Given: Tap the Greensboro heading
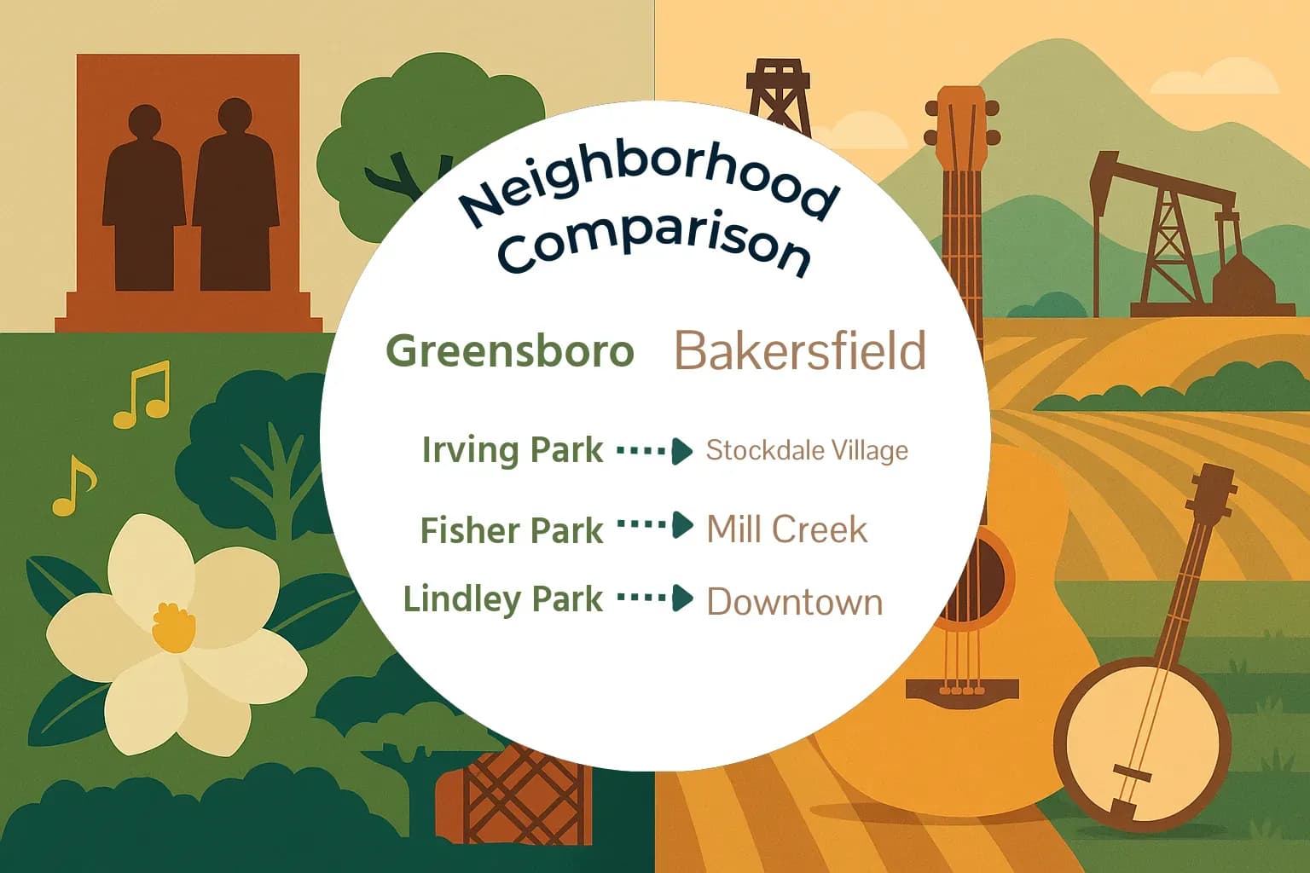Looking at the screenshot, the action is point(510,351).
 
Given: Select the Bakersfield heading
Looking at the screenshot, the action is point(800,350).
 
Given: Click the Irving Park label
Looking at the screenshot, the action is point(513,450).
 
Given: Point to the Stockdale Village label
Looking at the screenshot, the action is point(807,450).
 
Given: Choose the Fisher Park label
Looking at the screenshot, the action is point(512,530).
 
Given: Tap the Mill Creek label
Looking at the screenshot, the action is point(786,529).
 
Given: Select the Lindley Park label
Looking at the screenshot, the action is point(503,599).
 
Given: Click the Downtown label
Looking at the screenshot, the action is point(794,602).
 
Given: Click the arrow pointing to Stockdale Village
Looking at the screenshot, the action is point(655,450).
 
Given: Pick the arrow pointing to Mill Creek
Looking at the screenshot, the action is point(655,525).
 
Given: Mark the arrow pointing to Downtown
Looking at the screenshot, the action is point(655,598).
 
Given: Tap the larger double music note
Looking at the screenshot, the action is point(143,394).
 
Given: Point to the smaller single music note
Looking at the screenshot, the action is point(73,488).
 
